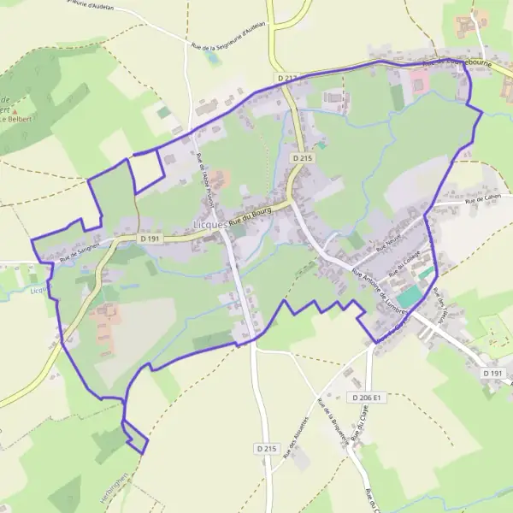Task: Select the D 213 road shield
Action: [x=287, y=78]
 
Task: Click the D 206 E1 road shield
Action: [x=369, y=398]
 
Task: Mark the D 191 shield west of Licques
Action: [x=150, y=239]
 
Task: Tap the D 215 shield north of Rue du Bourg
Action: [x=301, y=158]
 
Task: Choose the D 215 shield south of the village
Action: [x=267, y=448]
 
